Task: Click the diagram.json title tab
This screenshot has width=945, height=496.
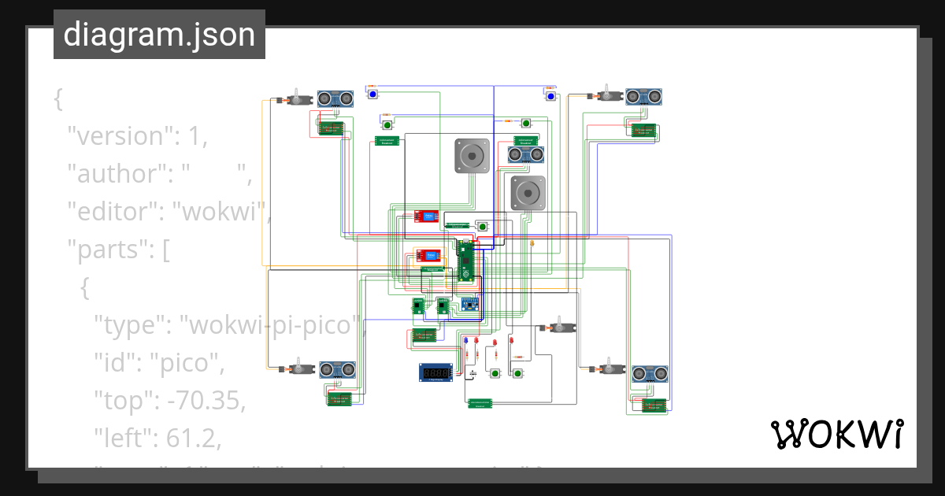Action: [x=159, y=35]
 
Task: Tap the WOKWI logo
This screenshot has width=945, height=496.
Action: [x=836, y=434]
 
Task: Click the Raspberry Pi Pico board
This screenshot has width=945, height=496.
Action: [x=467, y=261]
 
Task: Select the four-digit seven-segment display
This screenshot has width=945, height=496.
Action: [x=435, y=372]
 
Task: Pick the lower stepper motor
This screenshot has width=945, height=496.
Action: [x=528, y=193]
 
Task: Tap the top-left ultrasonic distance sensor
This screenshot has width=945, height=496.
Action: [x=335, y=98]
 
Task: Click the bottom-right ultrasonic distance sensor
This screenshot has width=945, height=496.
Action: [x=650, y=373]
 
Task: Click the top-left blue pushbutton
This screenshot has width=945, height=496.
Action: [x=372, y=94]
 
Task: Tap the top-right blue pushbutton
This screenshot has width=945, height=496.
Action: [x=550, y=96]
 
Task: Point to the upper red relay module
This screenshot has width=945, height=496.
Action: [x=427, y=216]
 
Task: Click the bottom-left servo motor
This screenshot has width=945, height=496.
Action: [x=296, y=368]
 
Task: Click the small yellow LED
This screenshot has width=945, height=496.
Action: [x=533, y=244]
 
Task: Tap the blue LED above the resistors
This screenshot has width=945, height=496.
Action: [x=465, y=341]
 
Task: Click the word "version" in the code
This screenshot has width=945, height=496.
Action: [x=118, y=136]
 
